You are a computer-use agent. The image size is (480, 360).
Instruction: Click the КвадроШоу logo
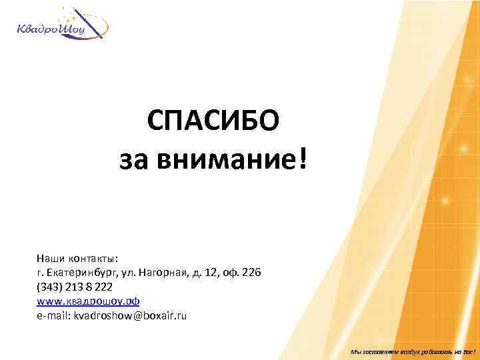click(61, 25)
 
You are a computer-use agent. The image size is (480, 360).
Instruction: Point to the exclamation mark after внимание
click(304, 159)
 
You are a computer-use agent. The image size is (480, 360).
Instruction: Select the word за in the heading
click(134, 161)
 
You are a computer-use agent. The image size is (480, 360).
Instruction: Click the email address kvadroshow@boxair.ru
click(130, 315)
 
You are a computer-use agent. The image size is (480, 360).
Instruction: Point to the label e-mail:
click(53, 315)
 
